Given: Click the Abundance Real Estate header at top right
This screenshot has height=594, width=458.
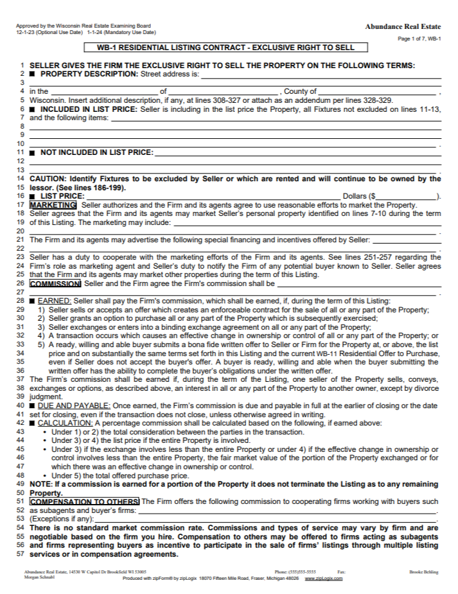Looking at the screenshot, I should click(x=403, y=26).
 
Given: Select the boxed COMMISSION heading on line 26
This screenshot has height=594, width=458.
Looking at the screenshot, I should click(x=55, y=283).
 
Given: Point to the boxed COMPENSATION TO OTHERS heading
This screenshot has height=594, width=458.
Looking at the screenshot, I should click(x=84, y=501).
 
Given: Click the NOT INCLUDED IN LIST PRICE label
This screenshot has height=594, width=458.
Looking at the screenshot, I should click(x=96, y=152).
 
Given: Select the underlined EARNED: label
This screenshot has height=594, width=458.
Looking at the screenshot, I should click(x=55, y=301).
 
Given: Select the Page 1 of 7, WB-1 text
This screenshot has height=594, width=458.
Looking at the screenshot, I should click(x=419, y=39).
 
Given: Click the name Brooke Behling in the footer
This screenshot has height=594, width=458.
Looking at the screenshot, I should click(x=425, y=571).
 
